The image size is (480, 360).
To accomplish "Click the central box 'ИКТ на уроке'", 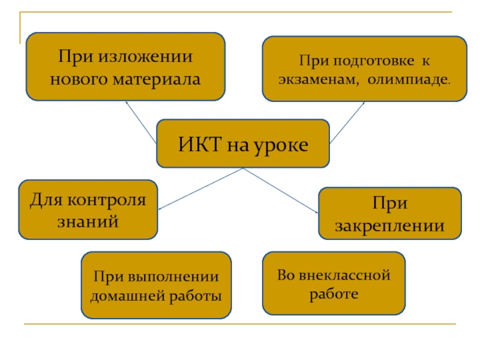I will click(x=242, y=143).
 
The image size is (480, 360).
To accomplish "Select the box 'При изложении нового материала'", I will click(x=125, y=67).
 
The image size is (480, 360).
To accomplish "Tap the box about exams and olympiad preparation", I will click(x=364, y=68).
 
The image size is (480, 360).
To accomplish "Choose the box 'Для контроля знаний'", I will click(x=88, y=209).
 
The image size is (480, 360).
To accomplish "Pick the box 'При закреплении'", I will click(x=389, y=214).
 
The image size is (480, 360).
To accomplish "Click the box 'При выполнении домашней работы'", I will click(x=156, y=285).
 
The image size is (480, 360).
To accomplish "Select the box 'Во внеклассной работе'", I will click(x=334, y=283).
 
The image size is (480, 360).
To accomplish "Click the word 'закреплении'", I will click(x=389, y=226).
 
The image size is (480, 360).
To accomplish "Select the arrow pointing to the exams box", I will click(x=347, y=123).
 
